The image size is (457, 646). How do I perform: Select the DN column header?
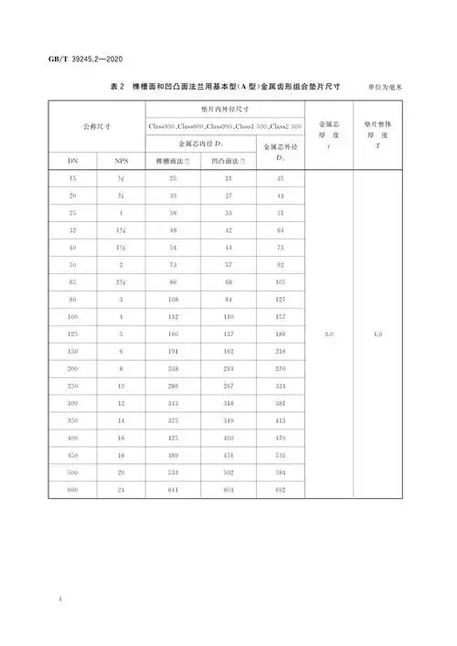[73, 160]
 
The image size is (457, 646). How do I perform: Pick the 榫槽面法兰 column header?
[173, 160]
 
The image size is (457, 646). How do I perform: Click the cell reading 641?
[173, 492]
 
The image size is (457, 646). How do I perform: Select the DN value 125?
[73, 335]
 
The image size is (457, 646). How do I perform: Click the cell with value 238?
[173, 370]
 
